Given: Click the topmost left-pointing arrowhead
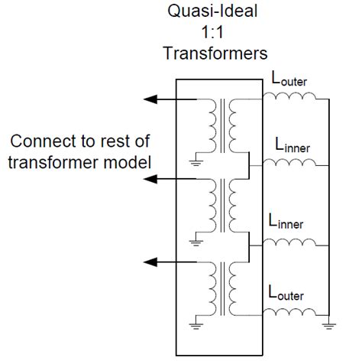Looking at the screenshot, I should pyautogui.click(x=150, y=99).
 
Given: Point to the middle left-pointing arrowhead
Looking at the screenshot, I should pyautogui.click(x=150, y=180).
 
